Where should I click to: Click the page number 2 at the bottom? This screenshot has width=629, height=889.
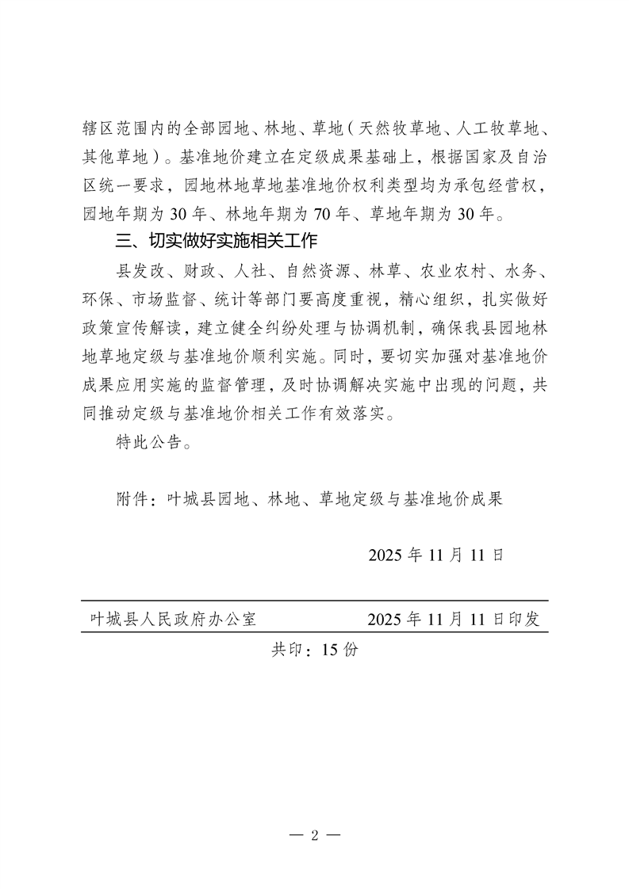(314, 834)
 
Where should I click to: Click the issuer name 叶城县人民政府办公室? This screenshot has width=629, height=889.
(172, 619)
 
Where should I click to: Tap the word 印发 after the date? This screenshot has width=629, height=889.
(522, 619)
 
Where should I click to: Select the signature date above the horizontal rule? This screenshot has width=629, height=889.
(435, 554)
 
